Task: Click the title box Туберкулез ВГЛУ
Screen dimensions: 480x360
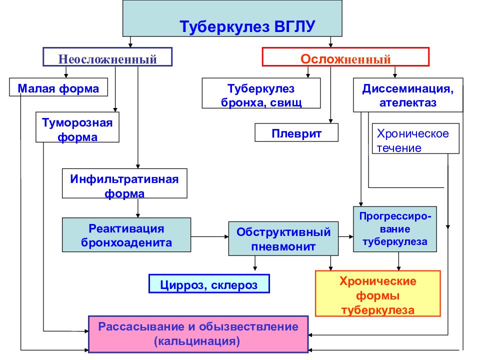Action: tap(232, 18)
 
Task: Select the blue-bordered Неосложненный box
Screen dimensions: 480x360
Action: tap(107, 57)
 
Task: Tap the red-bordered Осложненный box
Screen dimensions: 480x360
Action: tap(345, 57)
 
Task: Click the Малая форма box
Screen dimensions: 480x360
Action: tap(58, 87)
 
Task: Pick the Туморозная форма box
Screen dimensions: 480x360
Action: tap(77, 127)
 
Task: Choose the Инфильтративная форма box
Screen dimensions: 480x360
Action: tap(124, 183)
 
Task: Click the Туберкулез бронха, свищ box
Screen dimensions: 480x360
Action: tap(261, 93)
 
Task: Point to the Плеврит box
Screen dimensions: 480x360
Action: tap(296, 132)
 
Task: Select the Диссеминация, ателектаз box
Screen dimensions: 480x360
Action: tap(408, 95)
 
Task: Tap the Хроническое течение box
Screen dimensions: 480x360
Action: tap(415, 138)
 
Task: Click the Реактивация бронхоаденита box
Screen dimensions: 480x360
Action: tap(126, 235)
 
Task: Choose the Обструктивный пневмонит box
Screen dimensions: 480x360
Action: tap(283, 239)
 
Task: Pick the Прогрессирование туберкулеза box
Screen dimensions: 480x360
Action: tap(395, 229)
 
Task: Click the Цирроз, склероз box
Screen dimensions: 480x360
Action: tap(209, 284)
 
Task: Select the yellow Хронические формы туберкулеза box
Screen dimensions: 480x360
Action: tap(378, 293)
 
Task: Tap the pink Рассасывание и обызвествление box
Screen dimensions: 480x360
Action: tap(198, 334)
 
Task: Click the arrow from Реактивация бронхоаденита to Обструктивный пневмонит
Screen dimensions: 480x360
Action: tap(209, 236)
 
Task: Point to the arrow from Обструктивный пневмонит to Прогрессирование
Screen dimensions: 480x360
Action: tap(346, 236)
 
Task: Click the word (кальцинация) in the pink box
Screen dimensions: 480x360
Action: tap(197, 341)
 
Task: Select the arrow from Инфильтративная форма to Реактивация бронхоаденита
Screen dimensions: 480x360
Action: tap(138, 208)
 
